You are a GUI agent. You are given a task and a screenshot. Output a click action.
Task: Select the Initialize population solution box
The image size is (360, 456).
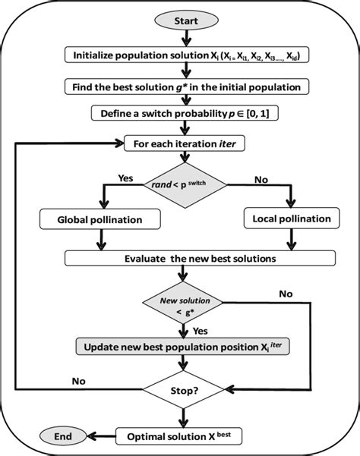click(182, 55)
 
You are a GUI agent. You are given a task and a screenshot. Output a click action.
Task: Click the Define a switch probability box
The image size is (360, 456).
click(182, 114)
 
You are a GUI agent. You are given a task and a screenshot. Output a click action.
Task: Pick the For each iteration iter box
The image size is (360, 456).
click(182, 142)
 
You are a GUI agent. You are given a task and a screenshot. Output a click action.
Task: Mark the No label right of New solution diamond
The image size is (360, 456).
click(286, 293)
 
